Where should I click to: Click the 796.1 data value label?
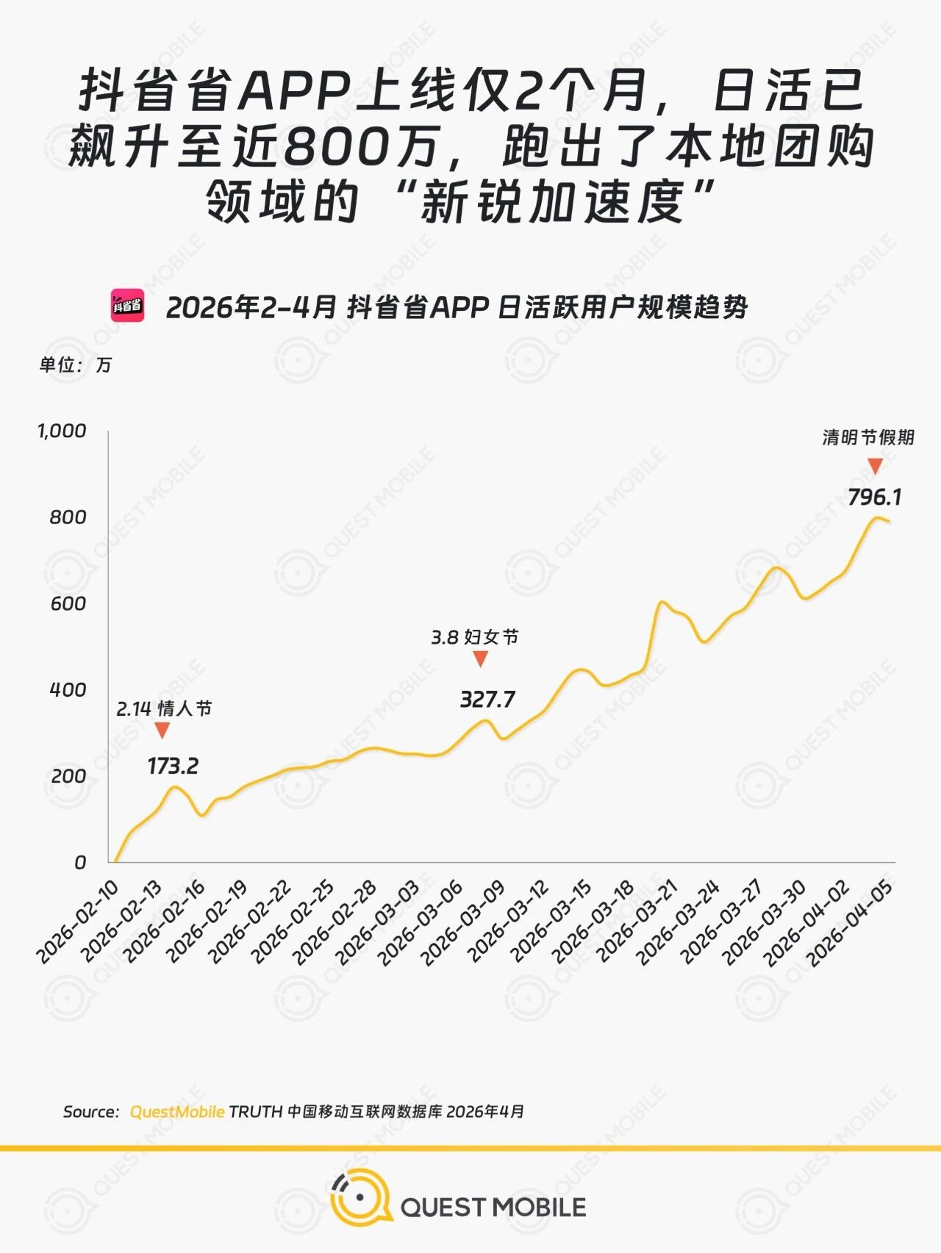point(874,498)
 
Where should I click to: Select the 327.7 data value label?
point(487,700)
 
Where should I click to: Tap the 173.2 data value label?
point(173,766)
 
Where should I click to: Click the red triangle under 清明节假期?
point(875,466)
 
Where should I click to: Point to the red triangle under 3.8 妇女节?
point(481,659)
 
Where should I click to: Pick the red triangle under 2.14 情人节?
point(162,730)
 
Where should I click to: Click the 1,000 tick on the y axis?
point(62,431)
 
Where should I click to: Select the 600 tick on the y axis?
point(68,603)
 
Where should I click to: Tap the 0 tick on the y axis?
point(80,862)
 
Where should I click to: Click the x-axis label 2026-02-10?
point(78,922)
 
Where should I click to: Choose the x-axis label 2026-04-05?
point(850,923)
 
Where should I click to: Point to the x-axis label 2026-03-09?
point(465,922)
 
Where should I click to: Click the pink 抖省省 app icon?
point(127,306)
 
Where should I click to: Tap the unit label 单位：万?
point(75,365)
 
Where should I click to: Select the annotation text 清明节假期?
point(868,437)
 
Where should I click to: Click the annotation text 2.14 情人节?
point(164,708)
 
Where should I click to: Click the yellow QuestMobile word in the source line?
point(176,1112)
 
